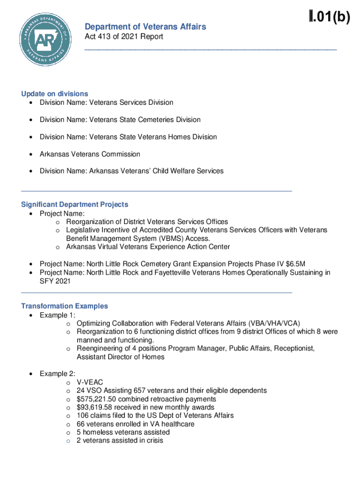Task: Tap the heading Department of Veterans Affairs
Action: (x=145, y=27)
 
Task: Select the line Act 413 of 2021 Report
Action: (x=124, y=37)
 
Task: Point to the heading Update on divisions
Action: (x=55, y=94)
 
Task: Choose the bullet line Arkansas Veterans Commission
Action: (x=90, y=154)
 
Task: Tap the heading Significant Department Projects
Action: (x=75, y=204)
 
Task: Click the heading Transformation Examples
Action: (x=65, y=306)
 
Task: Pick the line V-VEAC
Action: (x=90, y=382)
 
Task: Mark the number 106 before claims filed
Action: (x=82, y=416)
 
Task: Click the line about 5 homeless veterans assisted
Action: (x=123, y=433)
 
